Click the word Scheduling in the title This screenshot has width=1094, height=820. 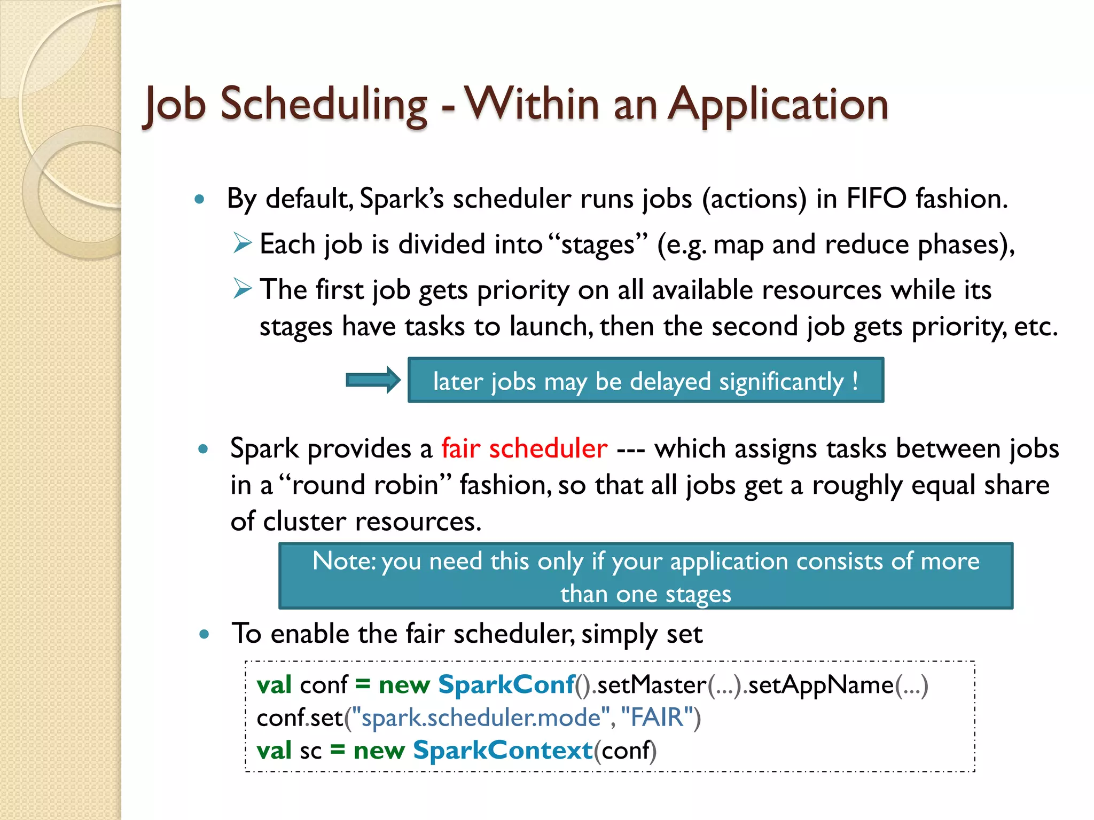pyautogui.click(x=324, y=105)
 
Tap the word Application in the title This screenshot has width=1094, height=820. pyautogui.click(x=778, y=105)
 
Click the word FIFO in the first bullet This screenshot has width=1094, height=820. pyautogui.click(x=877, y=199)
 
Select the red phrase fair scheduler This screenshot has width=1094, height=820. pyautogui.click(x=524, y=448)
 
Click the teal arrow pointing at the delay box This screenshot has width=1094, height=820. pyautogui.click(x=373, y=380)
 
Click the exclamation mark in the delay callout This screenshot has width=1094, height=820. pyautogui.click(x=855, y=381)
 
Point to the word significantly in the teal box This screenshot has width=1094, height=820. pyautogui.click(x=781, y=382)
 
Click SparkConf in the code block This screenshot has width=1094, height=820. pyautogui.click(x=506, y=685)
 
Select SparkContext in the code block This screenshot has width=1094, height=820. pyautogui.click(x=503, y=751)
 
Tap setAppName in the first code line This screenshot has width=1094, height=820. pyautogui.click(x=821, y=685)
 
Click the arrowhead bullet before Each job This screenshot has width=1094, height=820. pyautogui.click(x=242, y=243)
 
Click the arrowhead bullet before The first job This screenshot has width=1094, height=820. pyautogui.click(x=242, y=289)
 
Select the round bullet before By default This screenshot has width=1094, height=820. pyautogui.click(x=199, y=200)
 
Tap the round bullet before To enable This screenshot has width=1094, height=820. pyautogui.click(x=204, y=635)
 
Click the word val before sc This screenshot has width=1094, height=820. pyautogui.click(x=274, y=751)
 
